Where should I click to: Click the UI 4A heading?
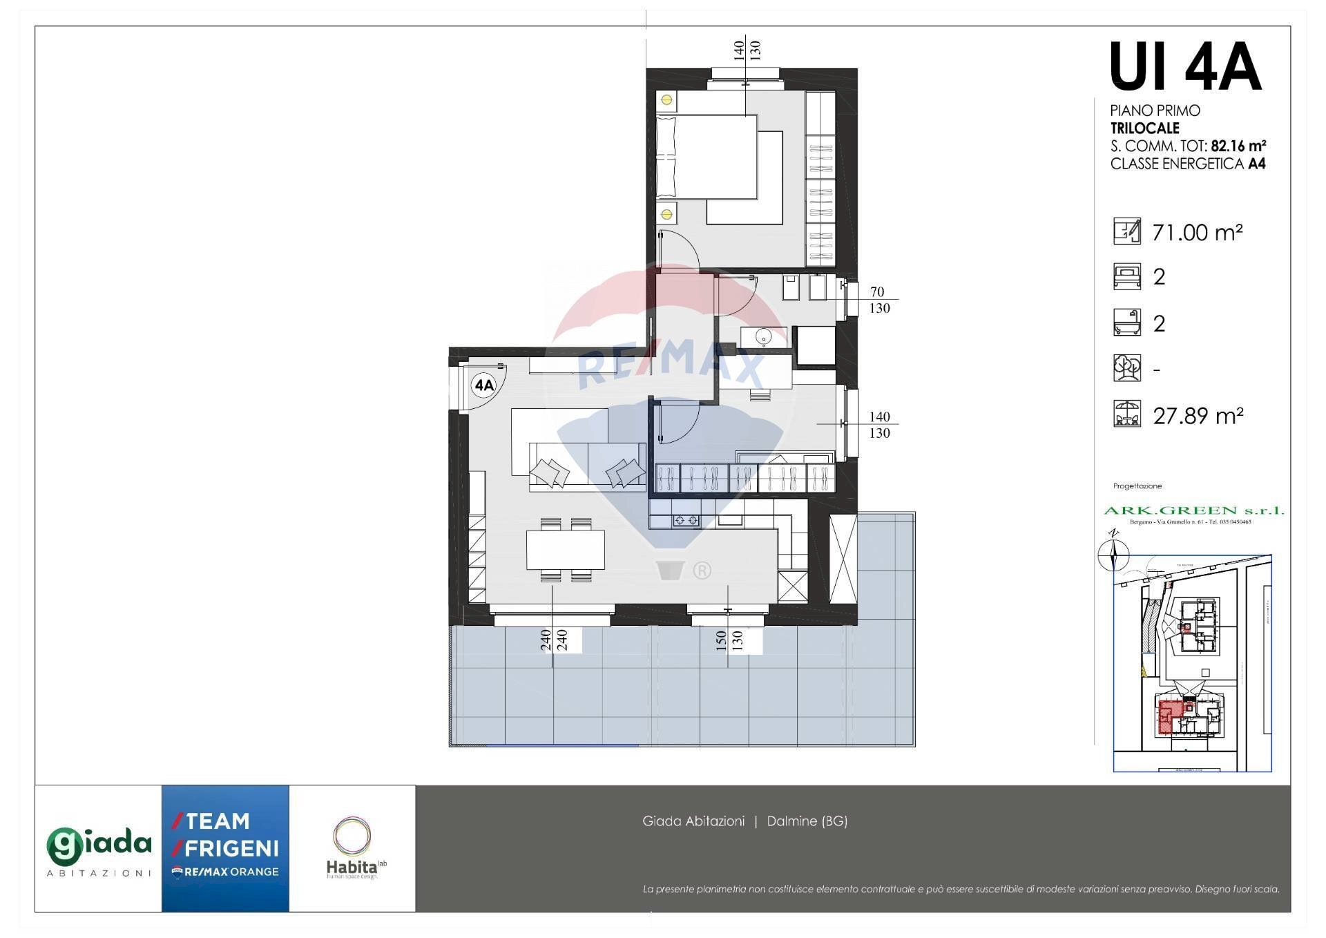1185,68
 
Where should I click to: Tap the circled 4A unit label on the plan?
484,385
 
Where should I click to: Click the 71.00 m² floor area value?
1198,233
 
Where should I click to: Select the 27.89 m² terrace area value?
1198,416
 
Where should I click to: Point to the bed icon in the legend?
1126,276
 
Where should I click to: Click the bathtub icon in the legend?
1126,323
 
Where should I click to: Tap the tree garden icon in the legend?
1126,368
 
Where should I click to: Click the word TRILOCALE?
1144,128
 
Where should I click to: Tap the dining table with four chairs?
566,550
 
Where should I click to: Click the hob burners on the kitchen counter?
686,520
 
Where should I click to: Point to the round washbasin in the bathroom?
763,338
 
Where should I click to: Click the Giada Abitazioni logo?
98,849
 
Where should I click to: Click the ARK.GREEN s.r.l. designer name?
1193,510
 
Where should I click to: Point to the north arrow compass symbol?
1113,553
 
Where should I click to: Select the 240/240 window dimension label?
553,640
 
